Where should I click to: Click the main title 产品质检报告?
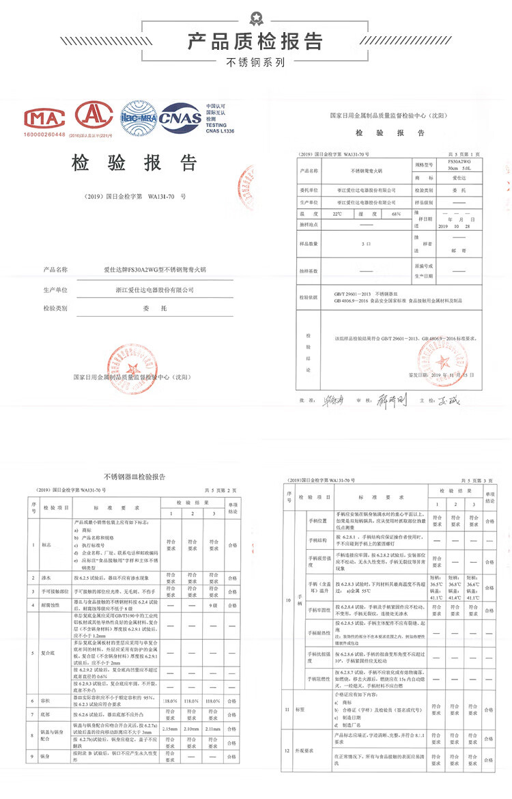255,41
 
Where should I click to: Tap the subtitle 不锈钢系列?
255,64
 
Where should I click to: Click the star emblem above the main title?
255,16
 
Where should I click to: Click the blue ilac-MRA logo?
139,116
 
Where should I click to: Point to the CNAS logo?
180,117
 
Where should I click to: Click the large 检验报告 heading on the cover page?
134,163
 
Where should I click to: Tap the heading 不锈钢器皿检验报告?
134,476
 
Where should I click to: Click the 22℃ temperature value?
337,214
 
